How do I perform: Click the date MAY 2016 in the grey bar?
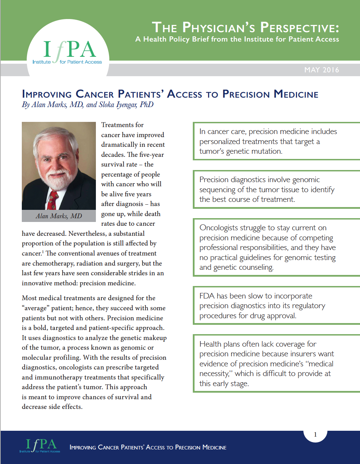321,70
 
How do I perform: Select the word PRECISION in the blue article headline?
246,94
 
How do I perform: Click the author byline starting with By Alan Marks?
88,105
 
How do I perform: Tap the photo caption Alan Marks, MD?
58,216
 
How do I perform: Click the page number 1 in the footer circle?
315,435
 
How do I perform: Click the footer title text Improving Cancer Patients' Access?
148,447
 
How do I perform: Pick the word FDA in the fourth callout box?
207,296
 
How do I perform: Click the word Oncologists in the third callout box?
219,228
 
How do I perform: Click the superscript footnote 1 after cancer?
43,251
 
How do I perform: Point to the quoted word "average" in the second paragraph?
36,308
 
